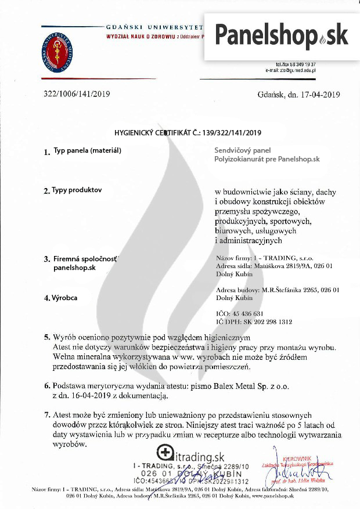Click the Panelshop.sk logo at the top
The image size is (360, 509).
(x=282, y=35)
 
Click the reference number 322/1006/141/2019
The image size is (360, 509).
(x=77, y=94)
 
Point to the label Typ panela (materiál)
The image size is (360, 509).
(x=87, y=150)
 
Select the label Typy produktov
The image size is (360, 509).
(x=77, y=190)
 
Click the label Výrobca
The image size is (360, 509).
(x=65, y=298)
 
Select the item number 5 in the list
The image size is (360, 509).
(x=46, y=337)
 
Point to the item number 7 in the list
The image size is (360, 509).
(x=46, y=416)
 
